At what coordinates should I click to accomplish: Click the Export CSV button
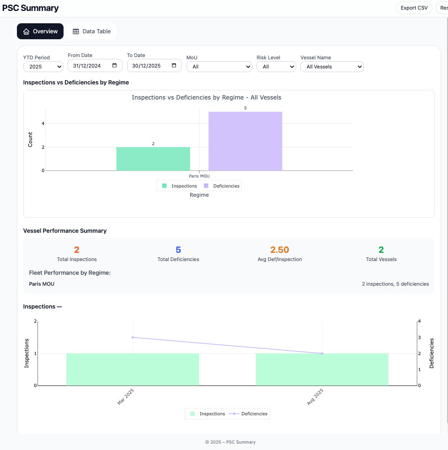pos(414,8)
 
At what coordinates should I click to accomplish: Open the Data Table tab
pos(91,31)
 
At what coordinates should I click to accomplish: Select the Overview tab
pos(40,31)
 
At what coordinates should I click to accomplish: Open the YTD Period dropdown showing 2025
pos(43,67)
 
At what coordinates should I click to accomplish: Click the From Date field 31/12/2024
pos(95,66)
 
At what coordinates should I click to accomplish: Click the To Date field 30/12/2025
pos(154,66)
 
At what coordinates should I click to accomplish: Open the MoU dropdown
pos(219,67)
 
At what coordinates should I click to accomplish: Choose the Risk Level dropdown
pos(276,67)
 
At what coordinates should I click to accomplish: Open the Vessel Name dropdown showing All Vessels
pos(331,67)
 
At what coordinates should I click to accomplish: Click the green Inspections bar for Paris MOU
pos(153,159)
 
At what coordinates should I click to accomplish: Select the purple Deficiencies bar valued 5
pos(245,141)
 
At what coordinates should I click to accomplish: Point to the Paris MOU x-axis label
pos(199,176)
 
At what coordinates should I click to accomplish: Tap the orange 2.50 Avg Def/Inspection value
pos(279,250)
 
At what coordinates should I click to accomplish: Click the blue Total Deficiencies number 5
pos(178,250)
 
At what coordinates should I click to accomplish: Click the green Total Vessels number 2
pos(381,250)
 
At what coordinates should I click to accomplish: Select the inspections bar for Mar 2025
pos(133,369)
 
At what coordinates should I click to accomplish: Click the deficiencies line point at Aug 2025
pos(322,353)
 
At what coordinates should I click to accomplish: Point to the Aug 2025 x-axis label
pos(315,397)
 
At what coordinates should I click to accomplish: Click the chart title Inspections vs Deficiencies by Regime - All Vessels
pos(206,97)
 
